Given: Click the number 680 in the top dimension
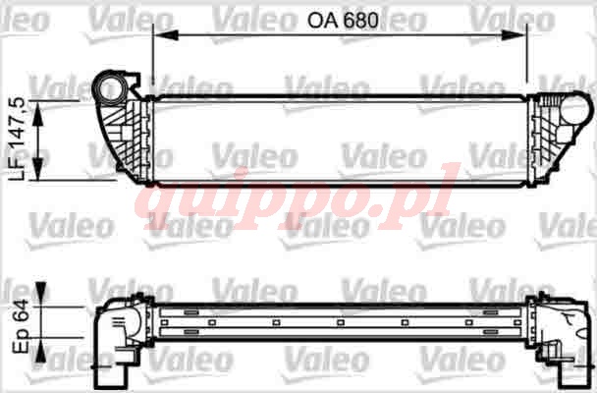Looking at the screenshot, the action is (x=360, y=21).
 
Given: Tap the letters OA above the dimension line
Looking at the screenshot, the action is (x=322, y=21).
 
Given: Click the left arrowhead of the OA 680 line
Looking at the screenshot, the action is (x=166, y=35).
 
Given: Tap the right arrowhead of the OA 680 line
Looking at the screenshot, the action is (x=514, y=35).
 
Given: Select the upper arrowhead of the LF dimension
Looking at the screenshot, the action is (x=38, y=114).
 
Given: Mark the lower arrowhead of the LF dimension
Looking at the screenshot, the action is (x=38, y=168).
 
